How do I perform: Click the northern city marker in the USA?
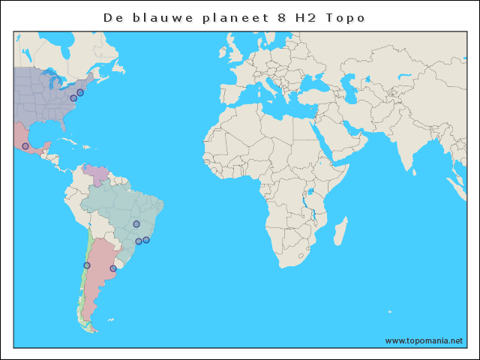(80, 92)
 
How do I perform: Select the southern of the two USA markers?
(73, 98)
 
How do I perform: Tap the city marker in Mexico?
(25, 146)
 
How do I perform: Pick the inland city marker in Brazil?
(136, 223)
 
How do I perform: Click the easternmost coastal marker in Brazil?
(146, 240)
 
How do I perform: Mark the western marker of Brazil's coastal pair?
(139, 241)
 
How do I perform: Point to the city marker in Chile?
(87, 265)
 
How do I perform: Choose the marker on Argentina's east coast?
(113, 268)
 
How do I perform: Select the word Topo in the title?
(346, 16)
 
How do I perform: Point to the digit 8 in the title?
(272, 16)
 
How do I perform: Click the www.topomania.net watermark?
(424, 340)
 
